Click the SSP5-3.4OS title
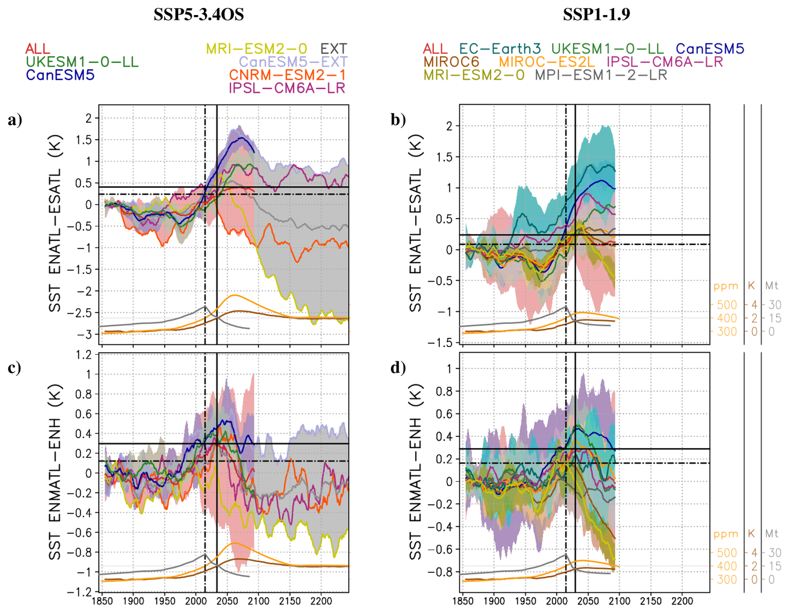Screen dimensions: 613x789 coord(199,15)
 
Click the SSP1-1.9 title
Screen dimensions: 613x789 coord(596,15)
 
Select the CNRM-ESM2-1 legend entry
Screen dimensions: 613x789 coord(287,75)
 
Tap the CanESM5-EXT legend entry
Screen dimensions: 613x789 coord(293,62)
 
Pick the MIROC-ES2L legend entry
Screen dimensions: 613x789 coord(546,62)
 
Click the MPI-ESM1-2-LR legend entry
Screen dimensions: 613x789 coord(601,75)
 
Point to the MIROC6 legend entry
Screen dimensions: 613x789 coord(451,62)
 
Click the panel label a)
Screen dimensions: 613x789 coord(15,120)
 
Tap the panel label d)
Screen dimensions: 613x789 coord(398,368)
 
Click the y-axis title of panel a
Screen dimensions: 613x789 coord(55,223)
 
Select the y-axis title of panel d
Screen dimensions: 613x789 coord(416,472)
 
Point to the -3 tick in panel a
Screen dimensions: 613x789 coord(86,335)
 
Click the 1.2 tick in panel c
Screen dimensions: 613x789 coord(83,355)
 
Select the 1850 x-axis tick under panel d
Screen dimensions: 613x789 coord(463,601)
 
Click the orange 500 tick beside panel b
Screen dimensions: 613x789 coord(726,305)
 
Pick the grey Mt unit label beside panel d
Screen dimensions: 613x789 coord(771,534)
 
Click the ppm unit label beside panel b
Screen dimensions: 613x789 coord(726,286)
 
